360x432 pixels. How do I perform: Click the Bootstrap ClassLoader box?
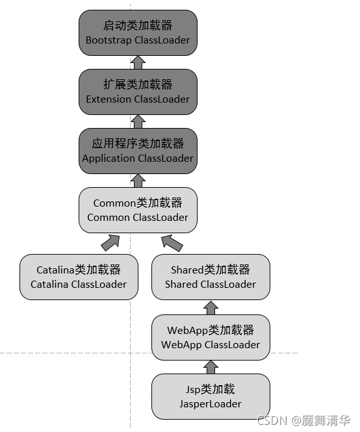pos(138,32)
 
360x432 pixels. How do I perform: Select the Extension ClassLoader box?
pos(138,92)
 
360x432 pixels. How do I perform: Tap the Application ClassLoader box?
pos(138,151)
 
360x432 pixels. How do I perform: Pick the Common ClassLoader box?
pos(138,210)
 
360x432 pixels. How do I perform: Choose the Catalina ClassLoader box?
pos(79,277)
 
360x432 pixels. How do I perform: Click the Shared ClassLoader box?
pos(210,277)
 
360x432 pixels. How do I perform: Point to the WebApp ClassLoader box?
pos(210,337)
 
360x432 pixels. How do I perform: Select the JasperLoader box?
pos(210,396)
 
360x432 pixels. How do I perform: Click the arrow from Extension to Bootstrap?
pos(138,62)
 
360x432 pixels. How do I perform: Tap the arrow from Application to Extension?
pos(138,121)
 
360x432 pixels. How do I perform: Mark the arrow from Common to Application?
pos(138,180)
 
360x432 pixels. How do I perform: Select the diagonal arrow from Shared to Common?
pos(172,243)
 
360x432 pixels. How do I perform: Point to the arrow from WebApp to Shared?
pos(210,307)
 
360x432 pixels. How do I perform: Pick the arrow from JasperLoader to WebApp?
pos(210,367)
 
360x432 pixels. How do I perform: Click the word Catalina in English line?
pos(49,284)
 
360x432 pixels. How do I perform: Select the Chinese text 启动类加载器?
pos(138,26)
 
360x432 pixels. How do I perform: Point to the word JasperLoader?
pos(210,403)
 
